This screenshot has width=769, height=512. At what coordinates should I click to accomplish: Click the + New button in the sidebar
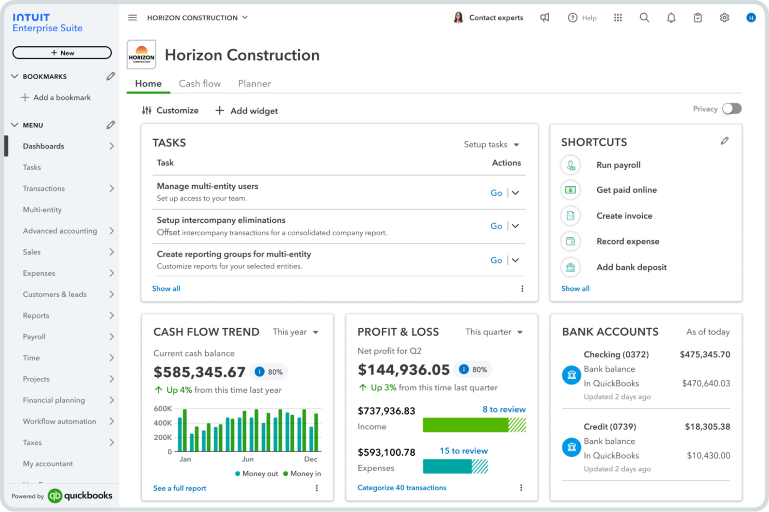62,53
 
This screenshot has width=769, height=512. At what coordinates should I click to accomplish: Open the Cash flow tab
200,84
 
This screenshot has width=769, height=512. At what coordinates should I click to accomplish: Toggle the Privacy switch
732,109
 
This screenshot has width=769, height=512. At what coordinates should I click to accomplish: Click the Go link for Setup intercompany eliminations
496,226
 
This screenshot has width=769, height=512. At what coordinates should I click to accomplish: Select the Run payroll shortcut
618,165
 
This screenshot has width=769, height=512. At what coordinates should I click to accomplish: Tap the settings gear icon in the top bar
724,18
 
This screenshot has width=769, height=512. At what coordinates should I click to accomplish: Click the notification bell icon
671,18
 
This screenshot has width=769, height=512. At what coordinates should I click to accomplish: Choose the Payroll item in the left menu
34,337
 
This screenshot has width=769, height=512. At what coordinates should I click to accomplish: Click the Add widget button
247,111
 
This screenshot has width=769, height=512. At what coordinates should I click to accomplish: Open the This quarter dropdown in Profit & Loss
494,332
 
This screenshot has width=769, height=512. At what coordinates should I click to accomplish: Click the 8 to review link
503,409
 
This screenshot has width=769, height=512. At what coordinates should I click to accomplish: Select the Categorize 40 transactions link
402,488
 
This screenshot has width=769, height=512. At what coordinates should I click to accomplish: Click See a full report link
180,488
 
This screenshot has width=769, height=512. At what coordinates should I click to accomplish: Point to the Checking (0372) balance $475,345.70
705,354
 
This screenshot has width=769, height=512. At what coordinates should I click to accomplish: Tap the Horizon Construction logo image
141,55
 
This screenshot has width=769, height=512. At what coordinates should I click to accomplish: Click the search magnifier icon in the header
644,18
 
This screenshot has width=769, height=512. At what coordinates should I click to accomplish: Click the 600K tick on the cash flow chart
163,409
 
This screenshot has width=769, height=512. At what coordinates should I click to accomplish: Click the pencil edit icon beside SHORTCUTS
724,141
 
